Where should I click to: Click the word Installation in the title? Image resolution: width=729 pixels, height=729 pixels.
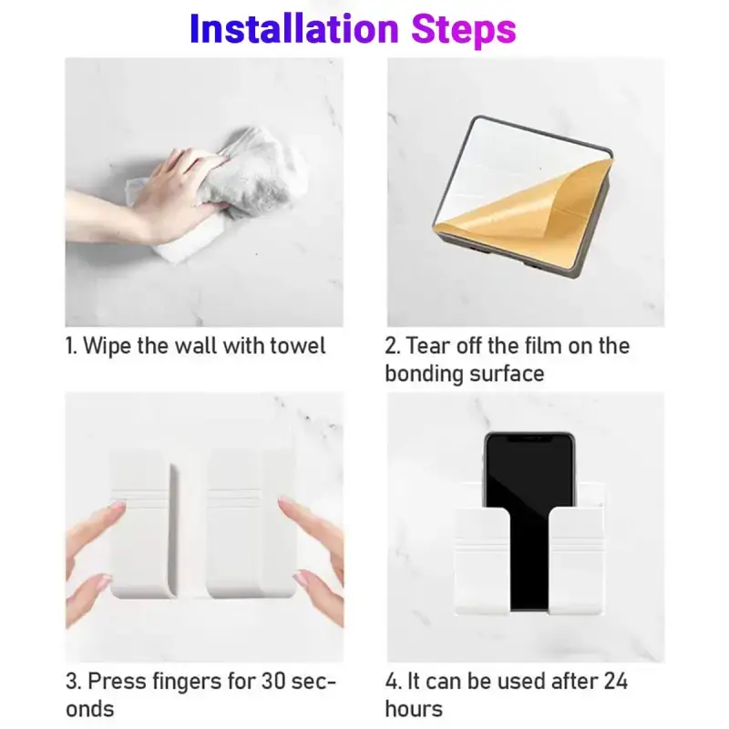pos(293,29)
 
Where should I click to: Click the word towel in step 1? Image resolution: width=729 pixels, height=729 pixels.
pos(293,346)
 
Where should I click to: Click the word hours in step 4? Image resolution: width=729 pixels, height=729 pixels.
pos(414,709)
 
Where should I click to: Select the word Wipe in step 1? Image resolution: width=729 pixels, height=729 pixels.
pos(107,346)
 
